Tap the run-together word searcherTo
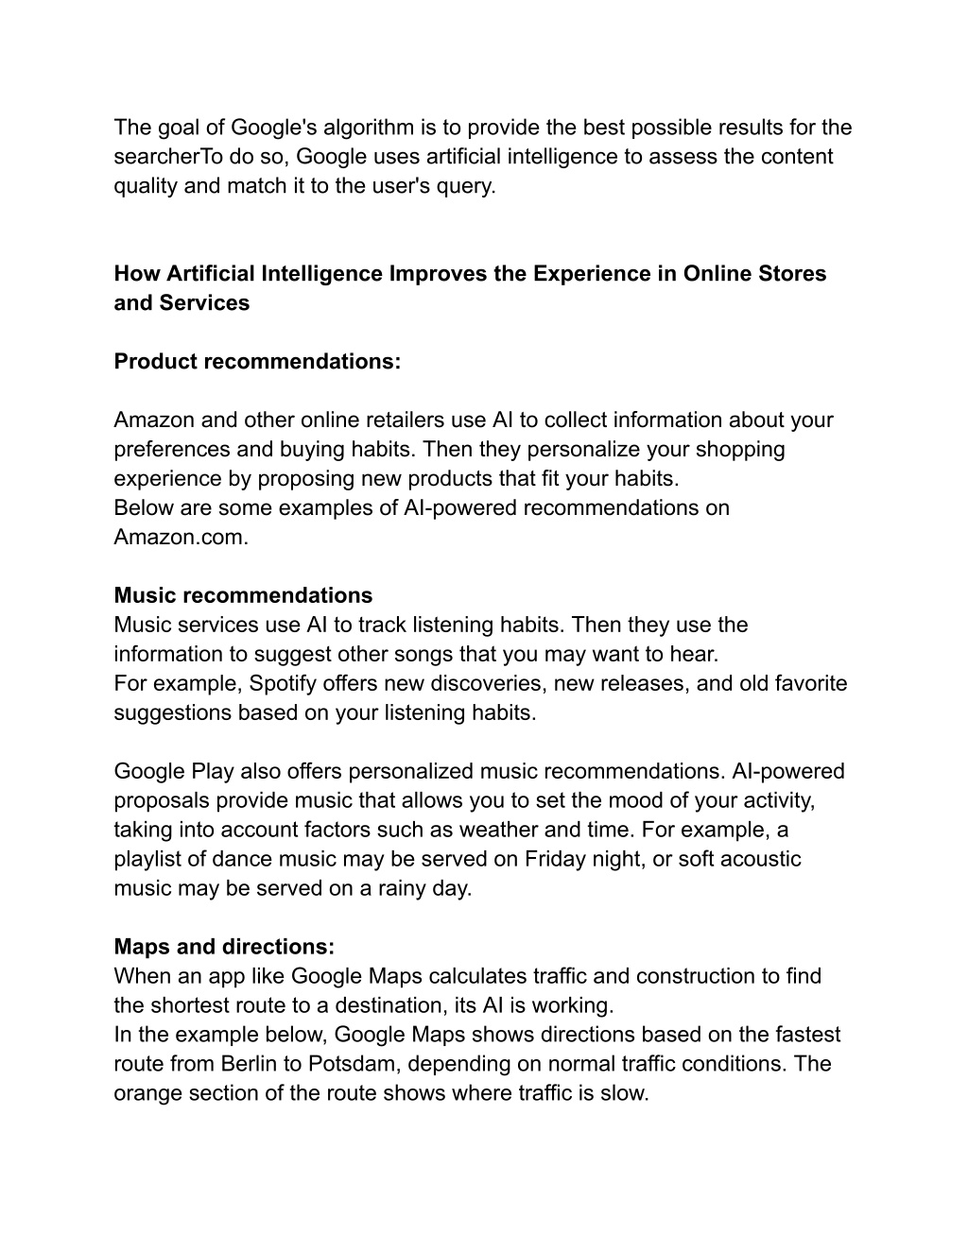[167, 157]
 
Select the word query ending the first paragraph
[463, 186]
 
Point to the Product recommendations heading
[257, 362]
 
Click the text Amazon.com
[181, 538]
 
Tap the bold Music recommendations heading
[243, 596]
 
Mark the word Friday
[557, 859]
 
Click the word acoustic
[759, 859]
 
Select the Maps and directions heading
[224, 947]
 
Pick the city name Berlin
[249, 1064]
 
